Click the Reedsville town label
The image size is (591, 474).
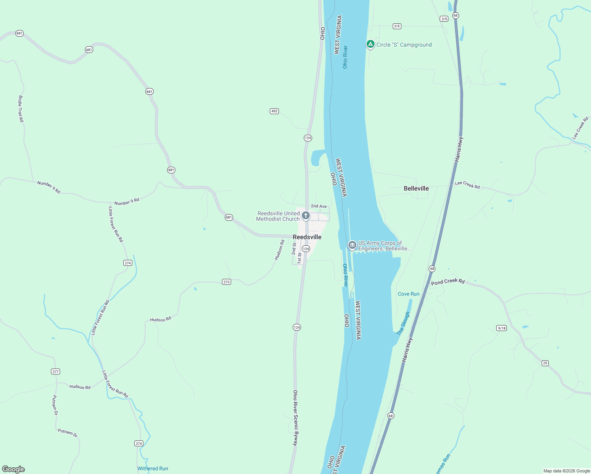point(307,237)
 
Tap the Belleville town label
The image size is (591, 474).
point(416,188)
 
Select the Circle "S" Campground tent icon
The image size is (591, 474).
point(370,45)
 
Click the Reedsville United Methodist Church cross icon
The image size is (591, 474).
point(305,216)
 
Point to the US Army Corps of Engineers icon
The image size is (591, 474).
point(352,245)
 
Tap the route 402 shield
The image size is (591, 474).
point(274,111)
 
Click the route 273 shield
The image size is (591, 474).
point(226,282)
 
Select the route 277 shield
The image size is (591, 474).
point(55,371)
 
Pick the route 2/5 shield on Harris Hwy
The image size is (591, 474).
point(444,19)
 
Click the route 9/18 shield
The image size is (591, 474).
point(501,328)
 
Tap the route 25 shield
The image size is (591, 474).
point(545,363)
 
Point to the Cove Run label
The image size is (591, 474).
point(408,294)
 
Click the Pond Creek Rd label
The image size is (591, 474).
point(448,282)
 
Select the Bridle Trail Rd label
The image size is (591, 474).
point(21,109)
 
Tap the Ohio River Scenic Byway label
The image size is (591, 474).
point(295,418)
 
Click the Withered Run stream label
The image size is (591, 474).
point(152,468)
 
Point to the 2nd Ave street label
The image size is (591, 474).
point(318,206)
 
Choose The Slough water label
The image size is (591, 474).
point(403,324)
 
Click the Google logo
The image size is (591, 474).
point(13,469)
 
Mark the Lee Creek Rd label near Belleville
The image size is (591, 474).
point(467,185)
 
